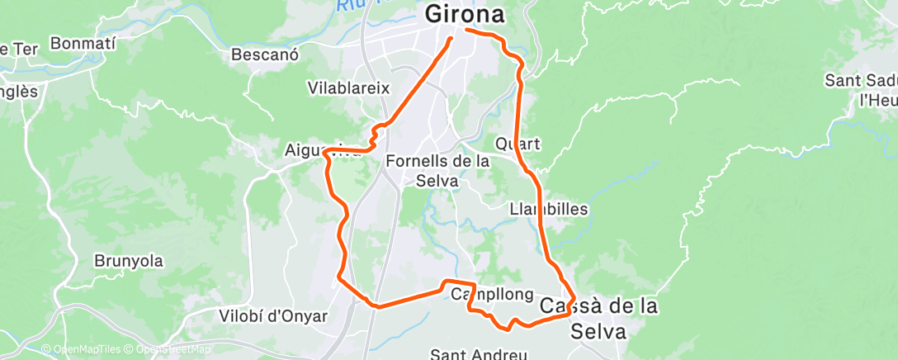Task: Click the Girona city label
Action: (x=464, y=15)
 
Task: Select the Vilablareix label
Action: (x=347, y=88)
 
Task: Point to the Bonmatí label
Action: (x=84, y=42)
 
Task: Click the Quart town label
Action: (x=518, y=144)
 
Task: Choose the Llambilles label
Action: (x=549, y=209)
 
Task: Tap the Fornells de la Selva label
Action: (x=437, y=171)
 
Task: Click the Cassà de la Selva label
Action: (x=598, y=318)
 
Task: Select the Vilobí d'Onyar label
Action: (x=273, y=316)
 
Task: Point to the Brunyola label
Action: (x=128, y=261)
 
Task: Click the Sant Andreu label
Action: (x=478, y=354)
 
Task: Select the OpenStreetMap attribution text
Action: (x=168, y=350)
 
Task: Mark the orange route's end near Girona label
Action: (x=451, y=38)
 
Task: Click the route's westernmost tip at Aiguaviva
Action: (x=326, y=151)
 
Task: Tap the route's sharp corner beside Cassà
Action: (x=573, y=294)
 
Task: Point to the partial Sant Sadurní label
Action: (x=862, y=90)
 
